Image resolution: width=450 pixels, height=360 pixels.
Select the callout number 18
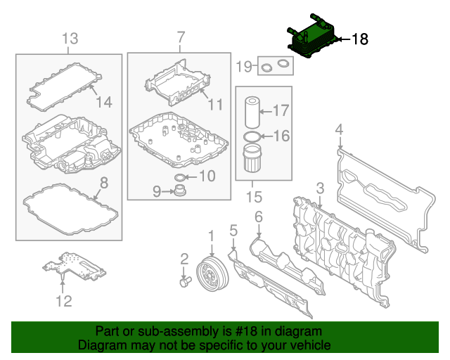pos(359,40)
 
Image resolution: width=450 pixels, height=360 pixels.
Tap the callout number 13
pos(71,37)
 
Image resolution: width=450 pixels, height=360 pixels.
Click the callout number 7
pos(180,36)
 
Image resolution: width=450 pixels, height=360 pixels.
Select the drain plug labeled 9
pos(181,192)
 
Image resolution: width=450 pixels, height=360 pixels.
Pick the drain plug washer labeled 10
pos(180,176)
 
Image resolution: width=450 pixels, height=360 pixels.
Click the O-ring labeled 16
pos(251,135)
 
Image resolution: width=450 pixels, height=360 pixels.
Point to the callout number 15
pos(252,191)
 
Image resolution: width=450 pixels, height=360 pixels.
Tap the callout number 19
pos(243,67)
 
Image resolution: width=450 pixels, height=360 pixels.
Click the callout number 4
pos(339,129)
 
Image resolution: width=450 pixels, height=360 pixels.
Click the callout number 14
pos(103,102)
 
